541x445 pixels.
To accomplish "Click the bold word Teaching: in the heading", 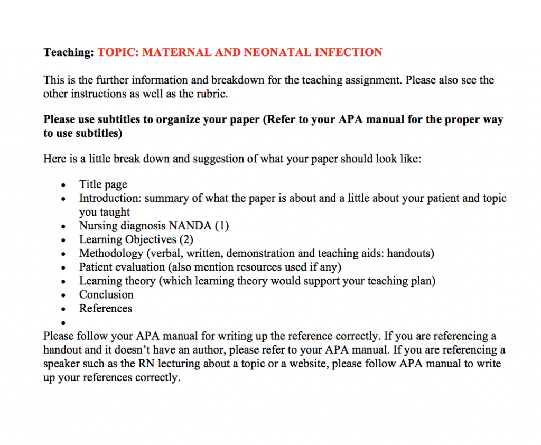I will point(69,52).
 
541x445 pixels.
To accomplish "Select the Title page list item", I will point(103,184).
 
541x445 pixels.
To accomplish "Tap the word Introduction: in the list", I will point(110,198).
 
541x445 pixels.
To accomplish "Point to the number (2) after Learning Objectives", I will point(186,239).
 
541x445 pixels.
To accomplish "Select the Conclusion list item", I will point(106,294).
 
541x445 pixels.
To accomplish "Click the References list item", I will point(106,308).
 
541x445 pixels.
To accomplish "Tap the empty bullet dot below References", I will point(63,322).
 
